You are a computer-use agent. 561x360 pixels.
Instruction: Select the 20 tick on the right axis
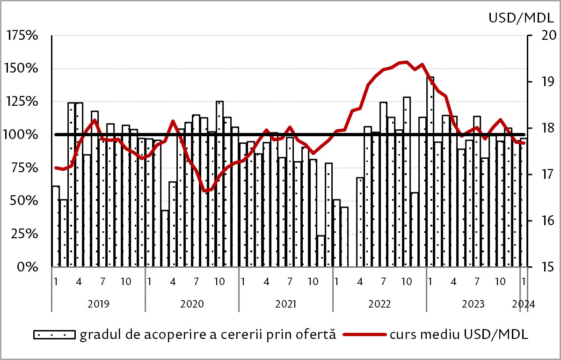coord(545,36)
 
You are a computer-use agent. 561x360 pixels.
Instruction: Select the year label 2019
coord(98,303)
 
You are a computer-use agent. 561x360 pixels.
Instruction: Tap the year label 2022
coord(379,303)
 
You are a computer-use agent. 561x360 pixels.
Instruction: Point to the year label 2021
coord(285,303)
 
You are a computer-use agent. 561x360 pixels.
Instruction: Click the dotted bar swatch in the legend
coord(54,335)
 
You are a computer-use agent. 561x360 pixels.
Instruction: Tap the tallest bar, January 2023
coord(430,171)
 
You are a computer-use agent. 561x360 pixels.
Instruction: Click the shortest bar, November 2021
coord(321,251)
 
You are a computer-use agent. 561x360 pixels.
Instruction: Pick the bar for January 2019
coord(55,227)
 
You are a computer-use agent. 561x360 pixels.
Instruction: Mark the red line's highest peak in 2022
coord(406,62)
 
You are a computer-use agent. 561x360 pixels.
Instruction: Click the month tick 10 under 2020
coord(219,282)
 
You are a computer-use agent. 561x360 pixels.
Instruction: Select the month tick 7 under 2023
coord(477,282)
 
